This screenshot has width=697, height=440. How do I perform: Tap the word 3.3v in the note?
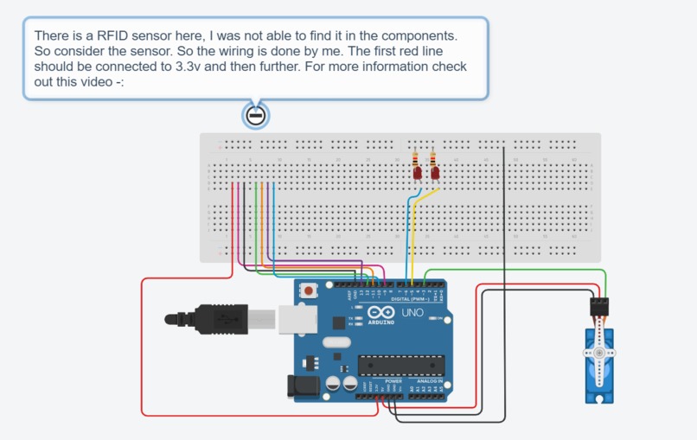tap(184, 67)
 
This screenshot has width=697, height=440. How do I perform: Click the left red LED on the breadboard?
tap(418, 174)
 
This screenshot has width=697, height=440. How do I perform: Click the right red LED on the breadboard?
tap(434, 174)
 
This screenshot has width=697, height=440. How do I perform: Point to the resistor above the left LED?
tap(418, 159)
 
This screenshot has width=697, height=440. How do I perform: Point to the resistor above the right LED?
tap(433, 159)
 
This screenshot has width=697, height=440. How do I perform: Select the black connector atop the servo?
tap(598, 307)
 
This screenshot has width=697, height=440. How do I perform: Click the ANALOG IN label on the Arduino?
tap(429, 381)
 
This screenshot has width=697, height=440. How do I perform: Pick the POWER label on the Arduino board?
tap(393, 381)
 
